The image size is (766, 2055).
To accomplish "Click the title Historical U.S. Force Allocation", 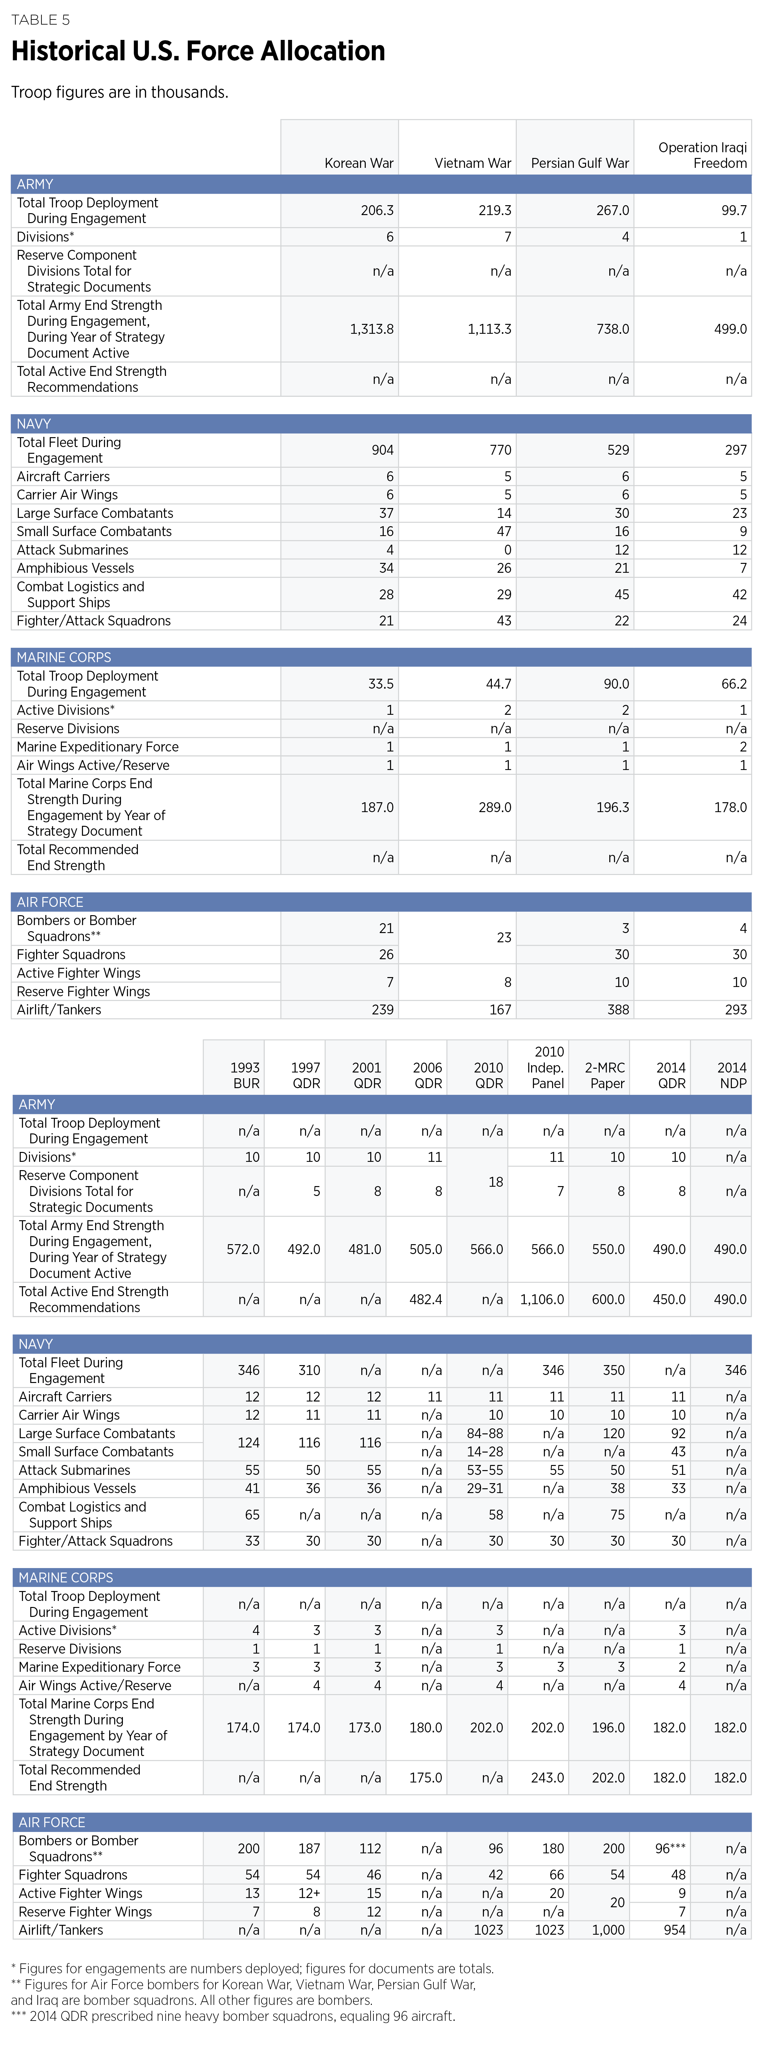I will click(x=198, y=51).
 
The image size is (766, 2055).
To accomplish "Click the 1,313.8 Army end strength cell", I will click(x=372, y=329).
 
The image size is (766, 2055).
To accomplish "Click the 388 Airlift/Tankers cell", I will click(x=618, y=1009).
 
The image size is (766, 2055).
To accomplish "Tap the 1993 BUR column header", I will click(x=245, y=1075).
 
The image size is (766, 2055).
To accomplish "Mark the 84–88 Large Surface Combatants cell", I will click(x=485, y=1433).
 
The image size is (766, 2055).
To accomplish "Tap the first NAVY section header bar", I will click(x=380, y=424).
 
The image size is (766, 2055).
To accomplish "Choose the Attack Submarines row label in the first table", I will click(x=73, y=549).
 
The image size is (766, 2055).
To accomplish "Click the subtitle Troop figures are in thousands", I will click(x=120, y=93).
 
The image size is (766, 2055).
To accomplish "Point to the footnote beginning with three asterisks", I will click(x=233, y=2016).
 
